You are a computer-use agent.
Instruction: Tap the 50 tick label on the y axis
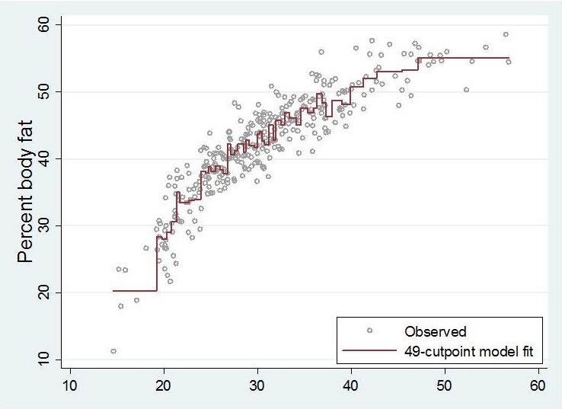[x=47, y=91]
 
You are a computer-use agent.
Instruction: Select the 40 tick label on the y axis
[x=47, y=158]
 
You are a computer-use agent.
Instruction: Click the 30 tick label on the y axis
[x=47, y=225]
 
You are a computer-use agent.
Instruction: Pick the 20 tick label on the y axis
[x=47, y=292]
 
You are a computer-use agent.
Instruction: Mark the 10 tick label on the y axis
[x=47, y=359]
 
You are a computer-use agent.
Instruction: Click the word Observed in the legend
[x=436, y=331]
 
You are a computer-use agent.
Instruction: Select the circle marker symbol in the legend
[x=370, y=331]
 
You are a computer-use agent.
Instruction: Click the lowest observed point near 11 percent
[x=113, y=351]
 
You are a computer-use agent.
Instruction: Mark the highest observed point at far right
[x=506, y=34]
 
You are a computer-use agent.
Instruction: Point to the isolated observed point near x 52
[x=466, y=90]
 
